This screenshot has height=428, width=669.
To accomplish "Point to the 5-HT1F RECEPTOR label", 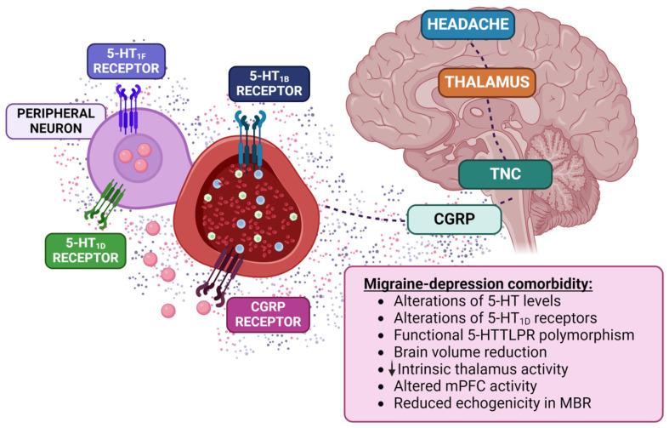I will [126, 60].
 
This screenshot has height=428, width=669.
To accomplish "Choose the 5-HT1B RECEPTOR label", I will [269, 83].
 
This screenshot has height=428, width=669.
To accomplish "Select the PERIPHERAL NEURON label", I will [54, 121].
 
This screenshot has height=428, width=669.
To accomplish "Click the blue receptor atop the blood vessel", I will [247, 133].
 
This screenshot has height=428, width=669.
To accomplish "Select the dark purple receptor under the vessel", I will [217, 273].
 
